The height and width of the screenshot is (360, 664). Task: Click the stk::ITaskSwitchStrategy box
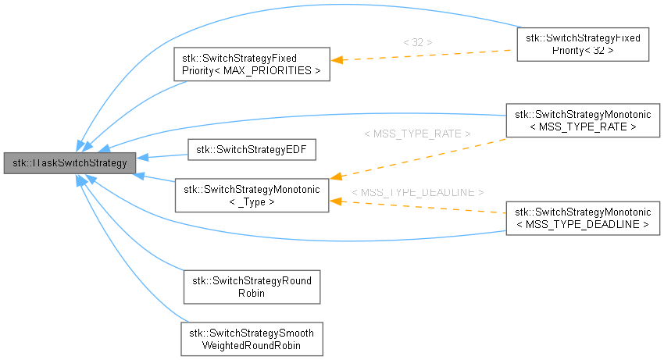70,163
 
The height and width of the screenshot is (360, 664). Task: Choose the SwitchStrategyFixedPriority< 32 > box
583,44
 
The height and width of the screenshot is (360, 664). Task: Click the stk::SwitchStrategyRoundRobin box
251,287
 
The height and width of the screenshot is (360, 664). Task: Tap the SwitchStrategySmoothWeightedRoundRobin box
251,339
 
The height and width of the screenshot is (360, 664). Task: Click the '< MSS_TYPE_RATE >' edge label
417,134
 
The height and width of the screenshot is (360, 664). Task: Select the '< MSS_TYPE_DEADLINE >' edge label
417,192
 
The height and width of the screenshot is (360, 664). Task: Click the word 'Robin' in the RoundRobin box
251,293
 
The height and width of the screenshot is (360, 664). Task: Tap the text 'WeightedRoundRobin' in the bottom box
251,344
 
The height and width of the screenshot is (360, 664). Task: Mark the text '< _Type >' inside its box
251,201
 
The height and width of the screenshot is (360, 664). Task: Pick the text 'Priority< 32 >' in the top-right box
583,50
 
